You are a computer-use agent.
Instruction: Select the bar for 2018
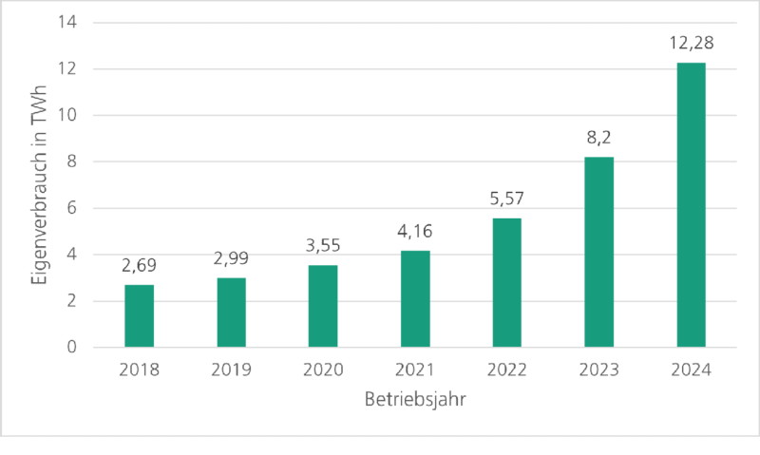pos(139,316)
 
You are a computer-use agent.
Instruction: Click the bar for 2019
pos(231,313)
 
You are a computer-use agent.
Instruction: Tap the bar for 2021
pos(415,299)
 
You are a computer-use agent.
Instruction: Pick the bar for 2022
pos(507,283)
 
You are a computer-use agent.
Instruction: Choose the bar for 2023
pos(599,253)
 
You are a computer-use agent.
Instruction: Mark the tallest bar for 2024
pos(691,205)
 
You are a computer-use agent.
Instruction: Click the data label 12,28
pos(691,43)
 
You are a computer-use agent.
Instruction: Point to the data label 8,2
pos(599,138)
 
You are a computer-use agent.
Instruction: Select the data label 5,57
pos(507,199)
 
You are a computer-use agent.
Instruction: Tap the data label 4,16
pos(415,231)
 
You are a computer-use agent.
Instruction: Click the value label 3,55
pos(323,245)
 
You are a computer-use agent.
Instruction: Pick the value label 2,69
pos(139,265)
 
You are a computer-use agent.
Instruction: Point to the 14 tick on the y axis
pos(69,23)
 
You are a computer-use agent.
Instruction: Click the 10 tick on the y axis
pos(69,116)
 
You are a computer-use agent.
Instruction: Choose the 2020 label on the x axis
pos(323,370)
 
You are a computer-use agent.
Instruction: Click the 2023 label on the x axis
pos(599,370)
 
